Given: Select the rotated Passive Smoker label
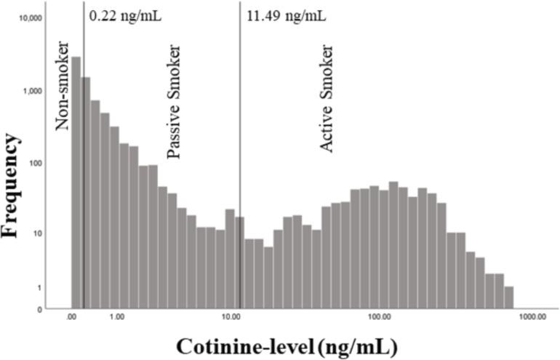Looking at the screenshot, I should point(175,101).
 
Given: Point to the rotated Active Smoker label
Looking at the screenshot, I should point(327,99).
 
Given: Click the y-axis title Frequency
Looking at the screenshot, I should point(11,185).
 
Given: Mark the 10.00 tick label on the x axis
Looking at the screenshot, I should point(231,318).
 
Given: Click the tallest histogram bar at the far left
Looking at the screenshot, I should point(76,182).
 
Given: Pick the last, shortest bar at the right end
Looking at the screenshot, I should point(508,297).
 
